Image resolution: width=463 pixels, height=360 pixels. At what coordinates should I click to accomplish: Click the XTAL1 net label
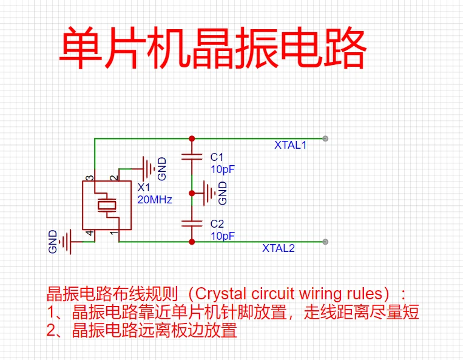(x=290, y=145)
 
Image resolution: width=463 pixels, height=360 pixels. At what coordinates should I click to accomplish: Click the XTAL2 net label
(x=278, y=248)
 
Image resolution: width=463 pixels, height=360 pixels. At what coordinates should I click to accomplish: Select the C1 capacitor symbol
(x=192, y=157)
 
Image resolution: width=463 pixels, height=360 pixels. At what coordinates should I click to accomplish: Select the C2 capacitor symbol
(x=192, y=223)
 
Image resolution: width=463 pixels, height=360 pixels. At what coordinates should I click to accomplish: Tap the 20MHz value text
(x=155, y=200)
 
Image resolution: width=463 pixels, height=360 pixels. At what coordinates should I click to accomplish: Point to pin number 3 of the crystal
(x=89, y=178)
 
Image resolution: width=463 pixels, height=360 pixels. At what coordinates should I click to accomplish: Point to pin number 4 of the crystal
(x=89, y=233)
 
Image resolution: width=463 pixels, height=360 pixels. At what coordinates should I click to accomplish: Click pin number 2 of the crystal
(x=113, y=178)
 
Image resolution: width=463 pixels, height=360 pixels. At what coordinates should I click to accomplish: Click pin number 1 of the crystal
(x=113, y=233)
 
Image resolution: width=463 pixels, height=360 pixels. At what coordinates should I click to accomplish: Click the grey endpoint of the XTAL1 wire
(x=326, y=138)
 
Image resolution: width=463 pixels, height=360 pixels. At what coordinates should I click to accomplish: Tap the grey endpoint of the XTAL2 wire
(x=326, y=242)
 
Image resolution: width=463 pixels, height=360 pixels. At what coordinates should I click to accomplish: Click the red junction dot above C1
(x=192, y=138)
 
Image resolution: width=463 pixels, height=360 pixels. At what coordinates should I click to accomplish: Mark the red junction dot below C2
(x=192, y=242)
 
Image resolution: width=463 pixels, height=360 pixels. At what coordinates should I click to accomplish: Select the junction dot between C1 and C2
(x=192, y=193)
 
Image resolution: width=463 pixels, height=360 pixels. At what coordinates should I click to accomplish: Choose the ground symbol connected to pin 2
(x=147, y=168)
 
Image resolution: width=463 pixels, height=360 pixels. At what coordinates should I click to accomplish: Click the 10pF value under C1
(x=222, y=169)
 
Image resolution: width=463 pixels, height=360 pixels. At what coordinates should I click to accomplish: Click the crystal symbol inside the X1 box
(x=107, y=205)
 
